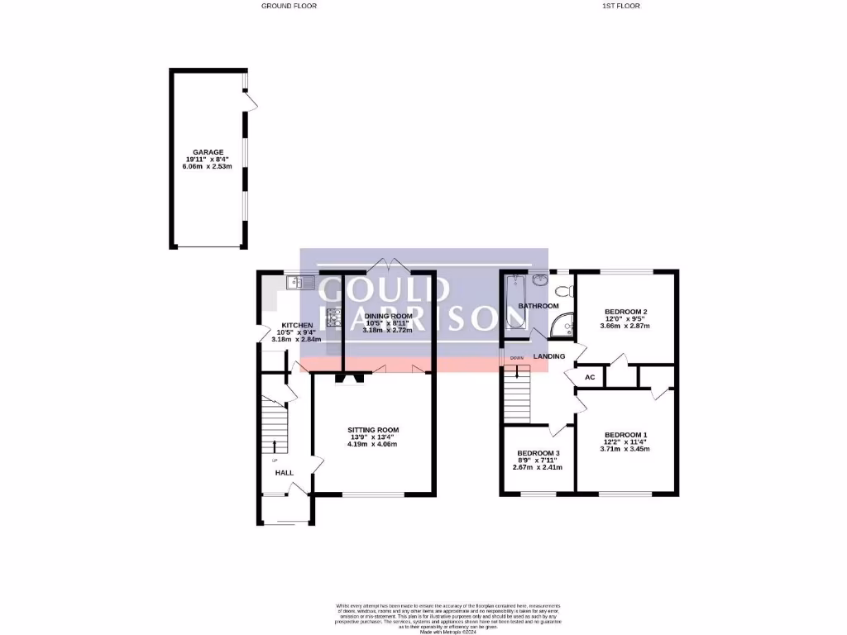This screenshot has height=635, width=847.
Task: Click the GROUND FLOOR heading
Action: (x=289, y=6)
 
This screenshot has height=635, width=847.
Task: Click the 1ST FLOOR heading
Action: (x=621, y=6)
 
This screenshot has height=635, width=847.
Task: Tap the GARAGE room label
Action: (x=208, y=152)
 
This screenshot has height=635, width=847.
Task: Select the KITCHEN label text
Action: (x=297, y=325)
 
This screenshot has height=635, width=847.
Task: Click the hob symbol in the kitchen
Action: (x=334, y=317)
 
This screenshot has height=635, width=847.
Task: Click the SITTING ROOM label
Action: (x=373, y=430)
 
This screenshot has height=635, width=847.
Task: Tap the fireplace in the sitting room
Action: (x=351, y=380)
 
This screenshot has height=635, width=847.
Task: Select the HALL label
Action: (x=285, y=473)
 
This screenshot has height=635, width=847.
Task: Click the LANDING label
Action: (x=549, y=356)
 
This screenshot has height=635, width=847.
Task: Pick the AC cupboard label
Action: (x=590, y=377)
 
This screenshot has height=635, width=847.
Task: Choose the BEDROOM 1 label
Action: (x=625, y=435)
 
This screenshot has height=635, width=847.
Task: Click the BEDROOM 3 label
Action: (x=539, y=453)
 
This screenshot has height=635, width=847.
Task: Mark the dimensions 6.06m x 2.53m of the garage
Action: (x=208, y=167)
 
